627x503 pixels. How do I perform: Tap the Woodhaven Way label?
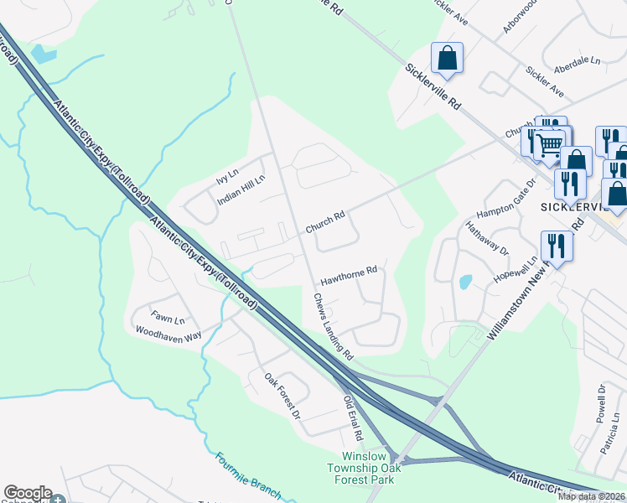[168, 332]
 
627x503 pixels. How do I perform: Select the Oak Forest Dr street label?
[282, 397]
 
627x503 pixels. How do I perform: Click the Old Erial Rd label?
[352, 419]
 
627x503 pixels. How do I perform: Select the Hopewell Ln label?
[513, 269]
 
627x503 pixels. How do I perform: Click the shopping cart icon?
[550, 144]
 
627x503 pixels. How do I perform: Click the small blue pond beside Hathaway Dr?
[465, 282]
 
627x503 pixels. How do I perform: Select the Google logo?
[28, 494]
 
